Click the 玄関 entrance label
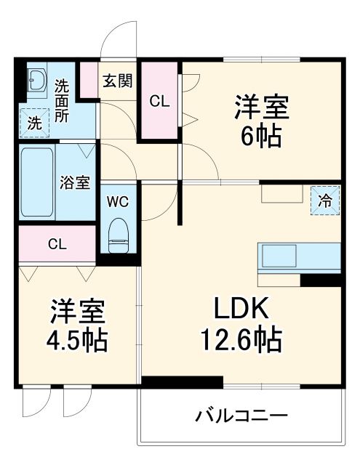coord(117,81)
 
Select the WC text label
coord(117,202)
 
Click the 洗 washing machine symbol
coord(34,123)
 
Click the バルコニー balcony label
coord(242,416)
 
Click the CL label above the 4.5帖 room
coord(57,245)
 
